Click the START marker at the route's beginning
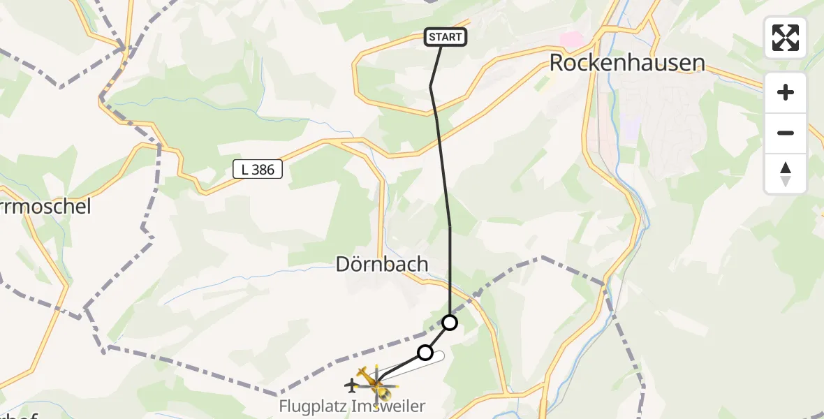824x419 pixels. (445, 37)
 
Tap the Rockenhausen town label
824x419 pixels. (626, 63)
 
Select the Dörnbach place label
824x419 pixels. (381, 264)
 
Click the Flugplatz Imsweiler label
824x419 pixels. (352, 406)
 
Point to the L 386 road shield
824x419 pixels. (258, 169)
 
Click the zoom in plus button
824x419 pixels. (786, 92)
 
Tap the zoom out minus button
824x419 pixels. (786, 133)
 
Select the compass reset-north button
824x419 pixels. (786, 173)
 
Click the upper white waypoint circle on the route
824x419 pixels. (450, 323)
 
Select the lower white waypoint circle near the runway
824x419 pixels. (425, 353)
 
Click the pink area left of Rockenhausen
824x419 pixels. (573, 40)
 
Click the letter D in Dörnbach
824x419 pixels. (343, 264)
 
